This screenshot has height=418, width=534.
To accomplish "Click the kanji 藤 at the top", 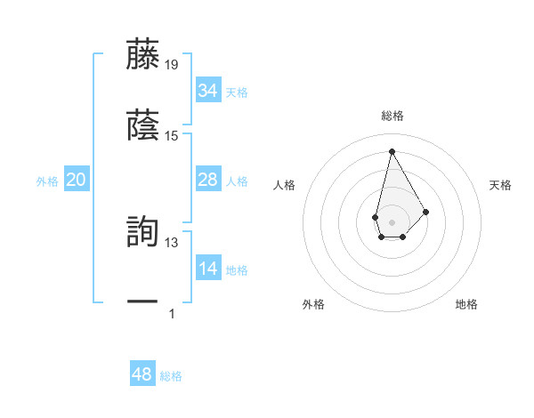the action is coord(143,55).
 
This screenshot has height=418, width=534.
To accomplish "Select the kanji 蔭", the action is coord(143,126).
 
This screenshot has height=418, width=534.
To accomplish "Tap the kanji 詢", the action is coord(143,233).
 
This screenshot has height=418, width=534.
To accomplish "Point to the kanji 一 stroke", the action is coord(143,303).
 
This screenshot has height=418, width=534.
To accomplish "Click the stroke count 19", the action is coord(172,64).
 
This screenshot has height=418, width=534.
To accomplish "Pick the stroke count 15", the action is coord(172,135).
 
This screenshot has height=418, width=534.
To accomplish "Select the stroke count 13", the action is coord(172,242).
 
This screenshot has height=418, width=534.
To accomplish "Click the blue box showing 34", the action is coord(207,91).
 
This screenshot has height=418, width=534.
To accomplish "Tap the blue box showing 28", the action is coord(207,180).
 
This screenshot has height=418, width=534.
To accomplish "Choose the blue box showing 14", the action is coord(207,269).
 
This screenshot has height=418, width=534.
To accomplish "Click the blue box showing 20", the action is coord(76,180).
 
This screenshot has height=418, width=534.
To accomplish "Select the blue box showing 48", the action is coord(142,374).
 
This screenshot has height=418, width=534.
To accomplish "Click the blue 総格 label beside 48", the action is coord(171,376).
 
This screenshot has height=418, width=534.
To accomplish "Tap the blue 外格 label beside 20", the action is coord(47,181).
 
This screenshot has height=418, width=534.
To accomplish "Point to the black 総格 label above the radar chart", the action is coord(392,116).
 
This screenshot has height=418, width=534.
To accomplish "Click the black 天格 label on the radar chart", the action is coord(500,185).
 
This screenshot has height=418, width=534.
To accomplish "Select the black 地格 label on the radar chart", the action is coord(466,304).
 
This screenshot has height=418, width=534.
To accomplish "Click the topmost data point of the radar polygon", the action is coord(392,150).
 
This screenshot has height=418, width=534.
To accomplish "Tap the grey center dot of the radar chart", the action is coord(392,221).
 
